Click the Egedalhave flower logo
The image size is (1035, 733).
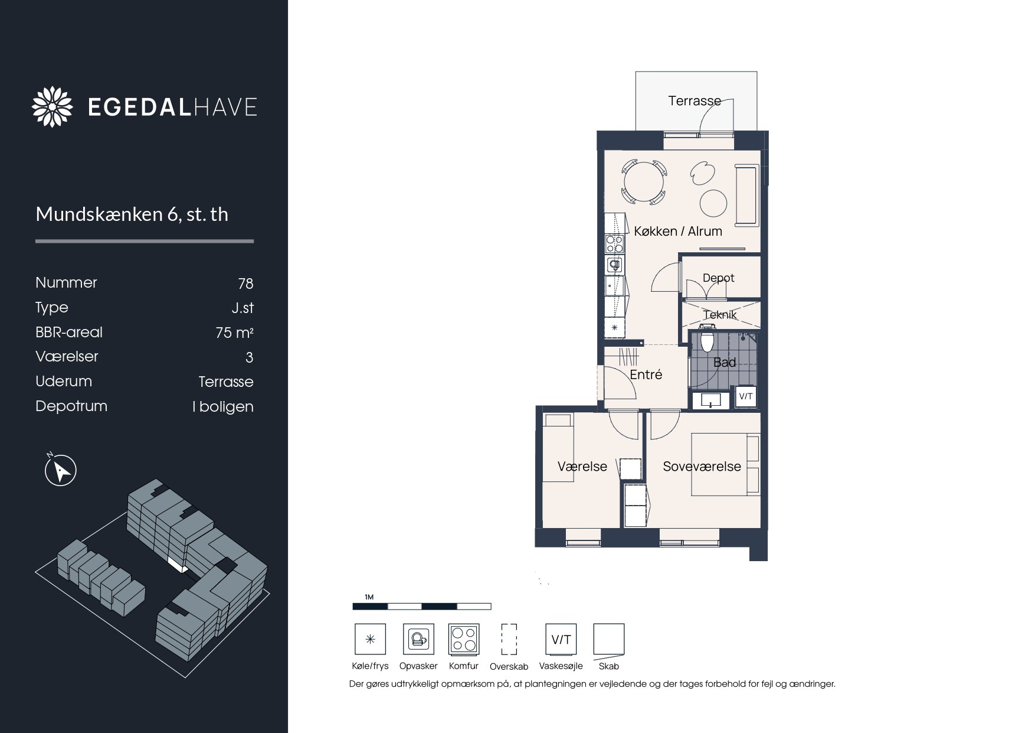53,107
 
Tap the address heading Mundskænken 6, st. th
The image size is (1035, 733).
132,214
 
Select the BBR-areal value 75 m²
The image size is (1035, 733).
234,333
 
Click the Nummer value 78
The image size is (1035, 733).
245,284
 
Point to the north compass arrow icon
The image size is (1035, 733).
61,470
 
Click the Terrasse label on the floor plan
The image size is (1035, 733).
694,101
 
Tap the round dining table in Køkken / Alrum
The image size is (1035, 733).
644,183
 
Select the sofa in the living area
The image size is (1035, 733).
746,196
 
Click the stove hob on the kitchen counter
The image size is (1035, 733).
614,244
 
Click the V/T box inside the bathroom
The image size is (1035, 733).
745,396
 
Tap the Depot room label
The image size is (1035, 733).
718,278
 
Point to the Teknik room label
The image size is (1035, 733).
720,315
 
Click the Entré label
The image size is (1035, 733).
646,374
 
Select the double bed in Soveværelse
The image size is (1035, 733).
725,465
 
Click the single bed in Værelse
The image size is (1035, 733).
558,448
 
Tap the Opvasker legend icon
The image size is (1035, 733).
418,639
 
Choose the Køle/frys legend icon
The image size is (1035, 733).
370,639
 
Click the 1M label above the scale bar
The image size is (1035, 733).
369,597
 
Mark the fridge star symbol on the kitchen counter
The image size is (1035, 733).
614,327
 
